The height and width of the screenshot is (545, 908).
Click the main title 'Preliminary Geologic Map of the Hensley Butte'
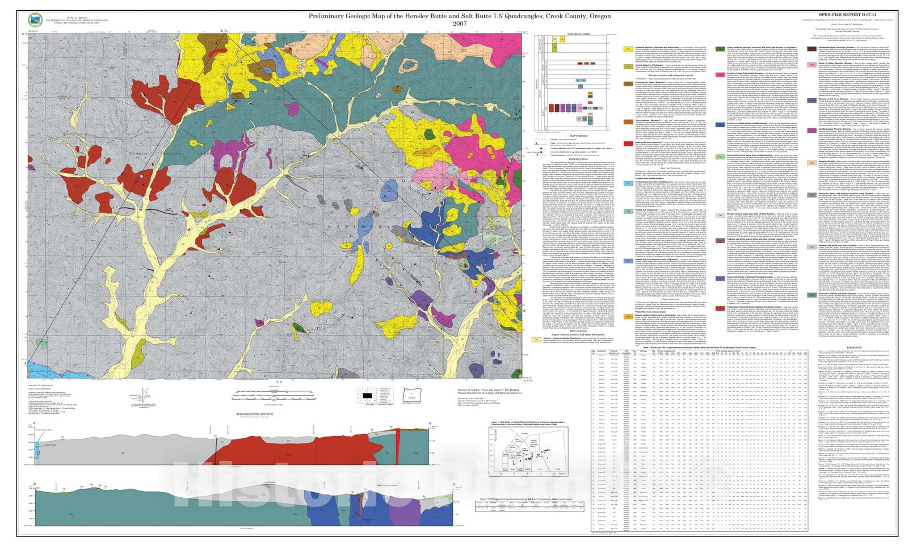click(460, 16)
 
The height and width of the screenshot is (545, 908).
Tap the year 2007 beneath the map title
click(460, 24)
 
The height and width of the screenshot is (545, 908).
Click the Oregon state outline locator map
click(412, 393)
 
